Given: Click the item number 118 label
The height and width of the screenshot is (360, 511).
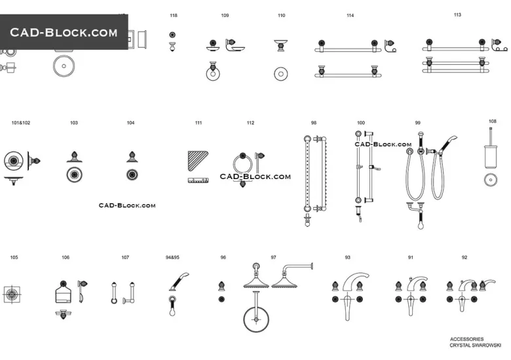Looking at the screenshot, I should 173,15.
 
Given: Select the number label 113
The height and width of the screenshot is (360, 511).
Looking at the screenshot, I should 457,14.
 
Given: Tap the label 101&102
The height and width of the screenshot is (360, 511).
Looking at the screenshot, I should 21,123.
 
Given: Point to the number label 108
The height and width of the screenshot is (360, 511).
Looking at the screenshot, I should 493,121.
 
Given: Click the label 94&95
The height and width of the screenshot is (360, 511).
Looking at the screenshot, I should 172,258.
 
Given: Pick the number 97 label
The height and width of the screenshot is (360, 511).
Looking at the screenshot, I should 273,258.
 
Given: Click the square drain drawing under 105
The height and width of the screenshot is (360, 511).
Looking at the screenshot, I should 12,294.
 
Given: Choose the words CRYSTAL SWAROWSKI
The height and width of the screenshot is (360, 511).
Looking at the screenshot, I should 475,345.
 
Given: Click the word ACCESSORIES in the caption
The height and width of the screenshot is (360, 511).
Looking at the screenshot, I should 467,339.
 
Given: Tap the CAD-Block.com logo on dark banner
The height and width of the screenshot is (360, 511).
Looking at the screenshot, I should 64,32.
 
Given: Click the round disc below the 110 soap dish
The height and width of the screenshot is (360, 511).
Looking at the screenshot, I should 282,73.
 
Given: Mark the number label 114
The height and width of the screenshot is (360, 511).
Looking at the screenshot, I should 350,15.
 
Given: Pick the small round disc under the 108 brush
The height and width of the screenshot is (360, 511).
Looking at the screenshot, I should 489,180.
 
